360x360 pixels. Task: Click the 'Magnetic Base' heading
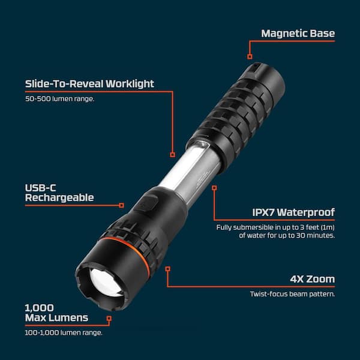click(x=298, y=33)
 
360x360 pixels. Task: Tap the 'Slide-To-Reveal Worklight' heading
click(x=89, y=83)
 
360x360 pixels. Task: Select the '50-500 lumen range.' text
click(x=59, y=99)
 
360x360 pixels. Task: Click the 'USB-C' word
click(x=40, y=188)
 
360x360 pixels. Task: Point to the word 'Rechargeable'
click(x=59, y=197)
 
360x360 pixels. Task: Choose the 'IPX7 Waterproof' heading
click(x=293, y=212)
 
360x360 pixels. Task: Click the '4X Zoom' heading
click(x=313, y=279)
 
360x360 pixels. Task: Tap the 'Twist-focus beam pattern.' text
click(x=293, y=294)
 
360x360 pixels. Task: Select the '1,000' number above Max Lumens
click(x=39, y=308)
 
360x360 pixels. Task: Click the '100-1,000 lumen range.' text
click(x=64, y=332)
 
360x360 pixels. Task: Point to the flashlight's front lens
click(x=106, y=283)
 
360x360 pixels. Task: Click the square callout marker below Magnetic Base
click(x=250, y=56)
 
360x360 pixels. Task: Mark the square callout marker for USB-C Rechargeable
click(x=121, y=205)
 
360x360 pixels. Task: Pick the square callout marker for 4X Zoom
click(x=168, y=269)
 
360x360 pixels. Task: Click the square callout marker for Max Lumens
click(x=109, y=319)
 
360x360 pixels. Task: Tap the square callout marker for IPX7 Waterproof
click(x=214, y=188)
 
